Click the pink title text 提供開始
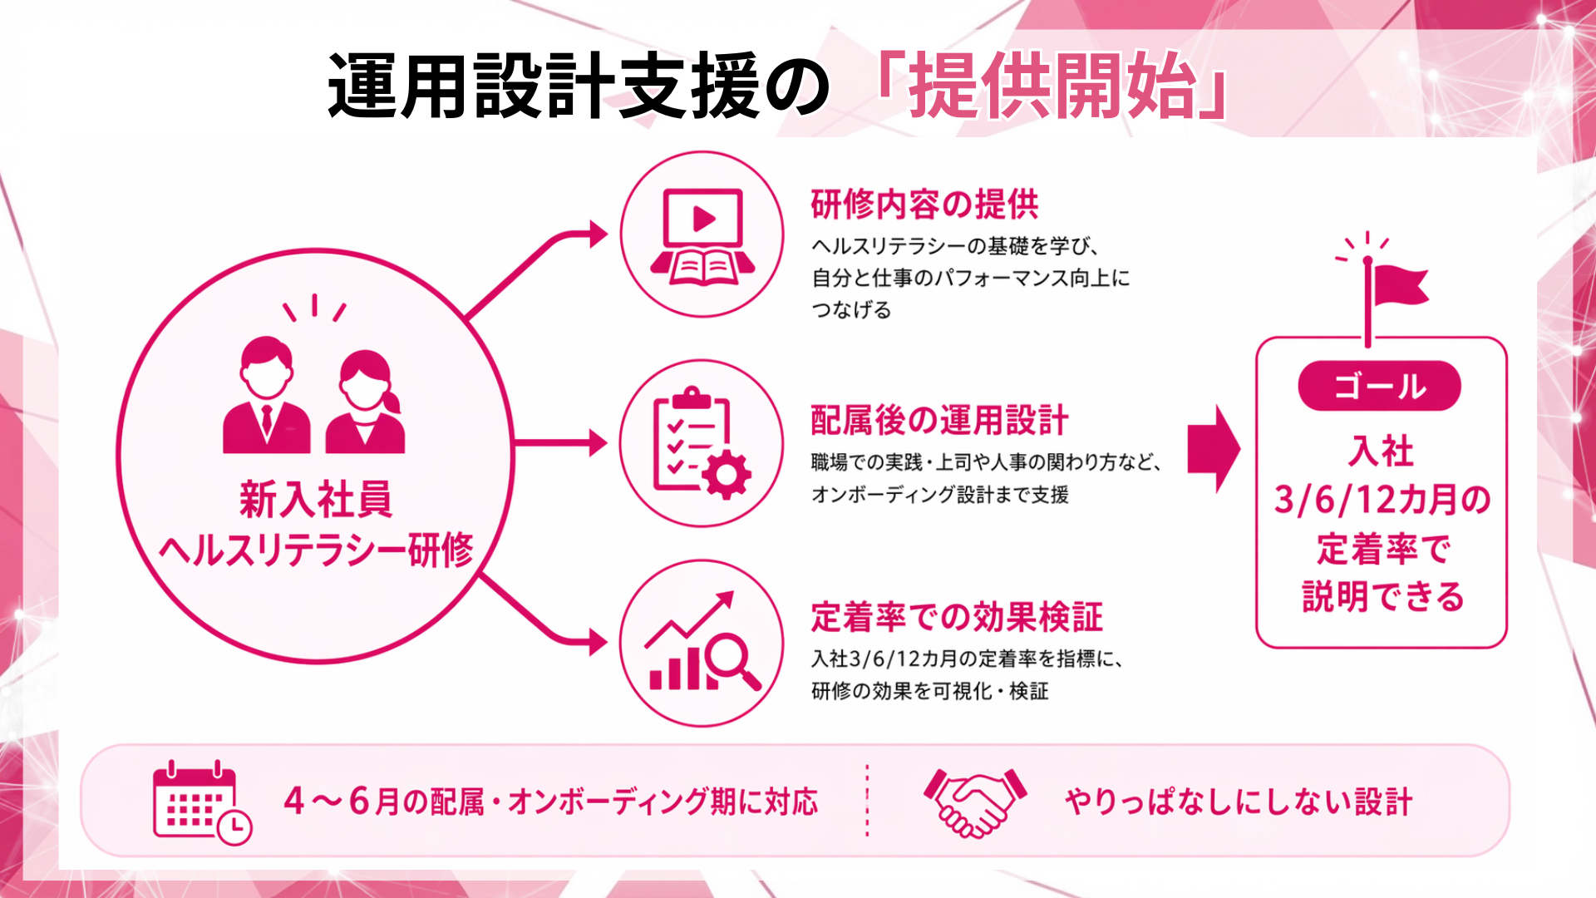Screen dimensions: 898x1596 coord(1052,86)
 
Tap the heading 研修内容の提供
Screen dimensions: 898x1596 coord(924,205)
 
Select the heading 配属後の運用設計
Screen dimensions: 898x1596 coord(939,421)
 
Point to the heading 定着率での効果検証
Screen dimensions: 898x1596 coord(956,618)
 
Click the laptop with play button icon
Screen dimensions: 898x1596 coord(702,236)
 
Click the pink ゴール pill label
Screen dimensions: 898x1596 coord(1379,387)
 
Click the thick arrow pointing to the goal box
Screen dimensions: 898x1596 coord(1213,449)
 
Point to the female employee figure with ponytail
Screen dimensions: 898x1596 coord(366,403)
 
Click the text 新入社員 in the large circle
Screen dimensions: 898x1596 coord(316,499)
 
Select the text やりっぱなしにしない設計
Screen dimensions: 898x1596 coord(1239,802)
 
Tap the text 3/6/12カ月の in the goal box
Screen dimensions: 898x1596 coord(1382,500)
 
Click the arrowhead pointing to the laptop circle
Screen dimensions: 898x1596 coord(598,234)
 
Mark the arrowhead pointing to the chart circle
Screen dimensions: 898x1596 coord(598,642)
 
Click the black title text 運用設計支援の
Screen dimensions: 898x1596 coord(578,86)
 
